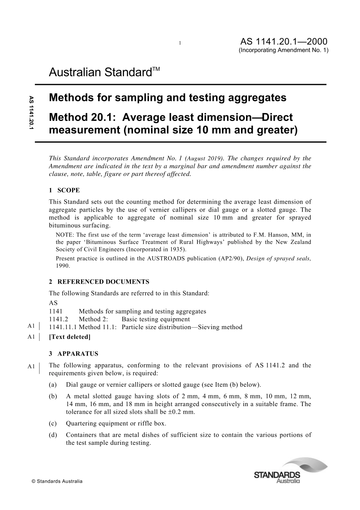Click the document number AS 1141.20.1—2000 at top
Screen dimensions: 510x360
point(284,42)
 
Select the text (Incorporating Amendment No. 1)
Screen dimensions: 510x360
point(283,50)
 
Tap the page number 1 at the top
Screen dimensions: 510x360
point(180,43)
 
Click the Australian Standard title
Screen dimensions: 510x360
point(105,72)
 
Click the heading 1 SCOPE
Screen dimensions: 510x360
point(64,190)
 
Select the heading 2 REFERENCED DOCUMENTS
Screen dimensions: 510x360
point(99,282)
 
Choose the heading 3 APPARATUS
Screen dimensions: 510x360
point(74,354)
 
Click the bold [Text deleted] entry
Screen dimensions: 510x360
point(70,337)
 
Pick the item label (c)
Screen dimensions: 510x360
point(53,424)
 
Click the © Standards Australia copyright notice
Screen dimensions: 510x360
point(57,481)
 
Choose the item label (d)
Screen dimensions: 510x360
point(53,435)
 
